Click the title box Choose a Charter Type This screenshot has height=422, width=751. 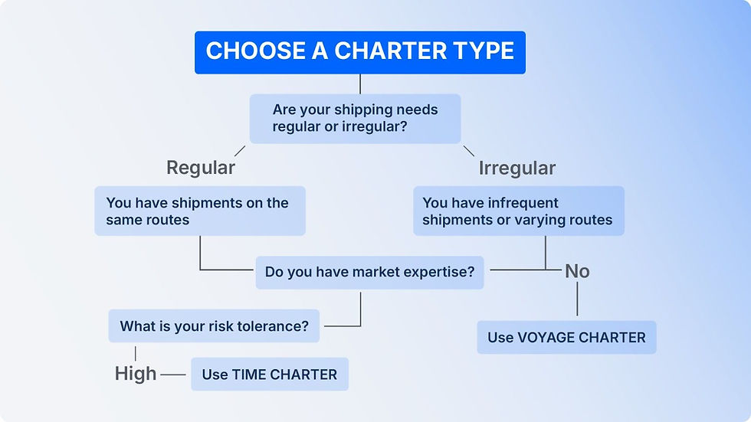pos(360,52)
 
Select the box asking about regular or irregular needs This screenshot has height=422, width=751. pos(356,118)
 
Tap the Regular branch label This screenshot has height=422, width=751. pos(201,167)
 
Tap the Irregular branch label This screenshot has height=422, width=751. pos(517,168)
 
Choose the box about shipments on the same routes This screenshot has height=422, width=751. pos(199,211)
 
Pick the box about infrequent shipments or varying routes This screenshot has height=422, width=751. pos(518,211)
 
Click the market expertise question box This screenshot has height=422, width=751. pos(369,272)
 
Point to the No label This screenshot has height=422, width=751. pos(577,271)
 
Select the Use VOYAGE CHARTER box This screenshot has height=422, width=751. pos(566,337)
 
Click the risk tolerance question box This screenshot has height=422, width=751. pos(214,326)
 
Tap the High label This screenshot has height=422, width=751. pos(136,374)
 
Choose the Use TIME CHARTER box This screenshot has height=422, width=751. pos(269,375)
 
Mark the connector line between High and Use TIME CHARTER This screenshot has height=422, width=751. pos(174,375)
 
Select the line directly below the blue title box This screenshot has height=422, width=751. pos(359,83)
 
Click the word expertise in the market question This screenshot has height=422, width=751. pos(438,272)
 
